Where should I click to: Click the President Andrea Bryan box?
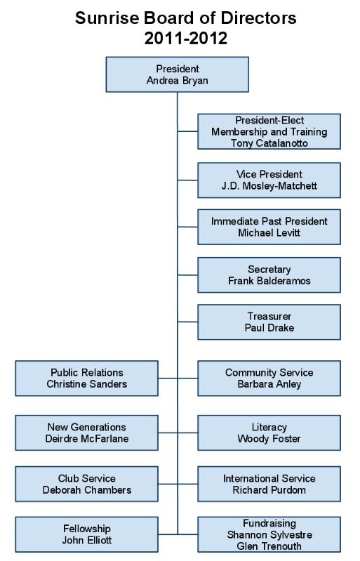click(x=178, y=74)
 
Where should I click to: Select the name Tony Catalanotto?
click(x=269, y=143)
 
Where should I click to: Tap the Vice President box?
click(x=269, y=180)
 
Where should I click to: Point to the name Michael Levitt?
click(x=269, y=232)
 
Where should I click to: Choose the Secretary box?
click(x=269, y=275)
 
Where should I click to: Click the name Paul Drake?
click(x=269, y=328)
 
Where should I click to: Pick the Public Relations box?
click(x=86, y=378)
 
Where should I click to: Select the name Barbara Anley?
click(x=269, y=384)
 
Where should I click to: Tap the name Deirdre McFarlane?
click(x=87, y=439)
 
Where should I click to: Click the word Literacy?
click(x=269, y=427)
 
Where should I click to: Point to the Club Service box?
click(x=86, y=484)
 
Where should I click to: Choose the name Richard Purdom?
click(x=269, y=490)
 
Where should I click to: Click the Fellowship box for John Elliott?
click(x=86, y=534)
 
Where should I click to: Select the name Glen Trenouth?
click(x=269, y=546)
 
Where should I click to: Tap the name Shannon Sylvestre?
click(x=269, y=535)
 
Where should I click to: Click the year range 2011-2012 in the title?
click(x=186, y=39)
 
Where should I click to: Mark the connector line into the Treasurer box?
click(x=187, y=322)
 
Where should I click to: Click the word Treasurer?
click(x=269, y=316)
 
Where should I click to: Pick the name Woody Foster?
click(x=269, y=439)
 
